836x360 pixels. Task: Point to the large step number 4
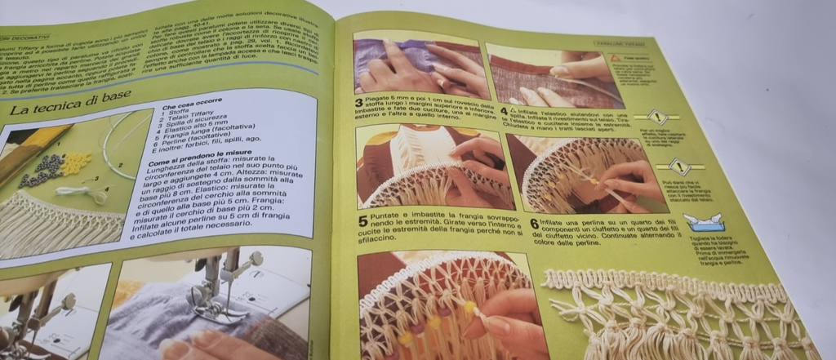504,110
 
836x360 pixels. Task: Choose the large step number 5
362,220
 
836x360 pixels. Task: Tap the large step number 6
535,223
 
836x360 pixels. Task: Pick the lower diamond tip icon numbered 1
679,167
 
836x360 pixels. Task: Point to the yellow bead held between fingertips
470,307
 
